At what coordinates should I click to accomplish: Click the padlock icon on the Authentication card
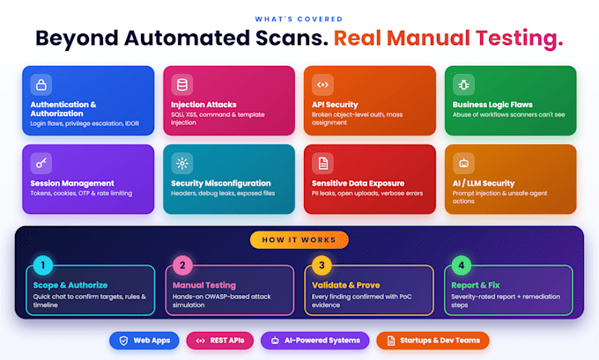pos(41,84)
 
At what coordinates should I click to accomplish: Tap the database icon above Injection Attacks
pos(181,84)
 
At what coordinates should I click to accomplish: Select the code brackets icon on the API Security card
pos(322,84)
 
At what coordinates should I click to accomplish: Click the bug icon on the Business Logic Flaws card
pos(463,84)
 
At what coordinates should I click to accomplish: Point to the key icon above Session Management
pos(41,163)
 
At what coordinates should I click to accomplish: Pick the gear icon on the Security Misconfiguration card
pos(181,163)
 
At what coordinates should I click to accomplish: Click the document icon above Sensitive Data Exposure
pos(322,163)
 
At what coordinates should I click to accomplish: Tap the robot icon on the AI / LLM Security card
pos(463,163)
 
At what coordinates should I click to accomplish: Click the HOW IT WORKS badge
pos(299,240)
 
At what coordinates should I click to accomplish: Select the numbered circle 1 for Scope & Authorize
pos(43,265)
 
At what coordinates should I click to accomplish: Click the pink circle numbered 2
pos(182,265)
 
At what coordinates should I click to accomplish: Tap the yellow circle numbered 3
pos(322,265)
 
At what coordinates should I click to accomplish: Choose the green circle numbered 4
pos(461,265)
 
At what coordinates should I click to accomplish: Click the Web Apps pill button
pos(144,341)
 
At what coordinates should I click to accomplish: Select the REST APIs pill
pos(220,341)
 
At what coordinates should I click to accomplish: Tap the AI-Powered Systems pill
pos(315,341)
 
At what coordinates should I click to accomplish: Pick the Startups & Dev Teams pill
pos(433,341)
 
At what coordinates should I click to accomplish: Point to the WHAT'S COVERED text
pos(299,19)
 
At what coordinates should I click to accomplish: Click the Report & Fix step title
pos(475,285)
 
